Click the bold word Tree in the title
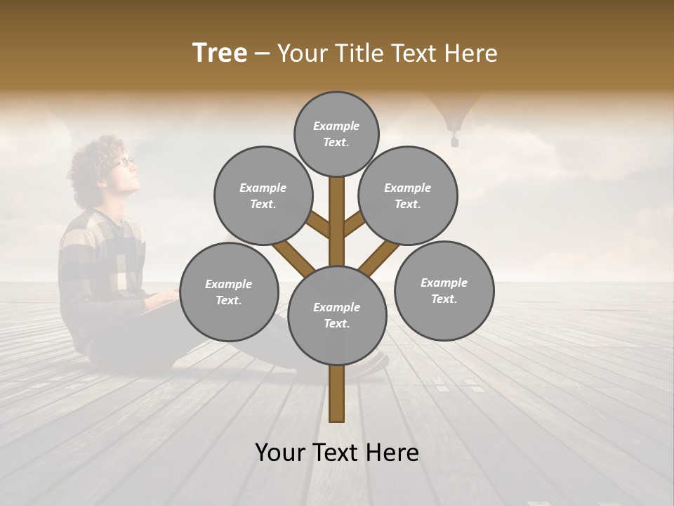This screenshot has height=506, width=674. pyautogui.click(x=220, y=53)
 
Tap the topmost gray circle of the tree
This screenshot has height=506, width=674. pyautogui.click(x=336, y=134)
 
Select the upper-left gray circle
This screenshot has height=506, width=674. pyautogui.click(x=263, y=195)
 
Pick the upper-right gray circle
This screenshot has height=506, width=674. pyautogui.click(x=408, y=195)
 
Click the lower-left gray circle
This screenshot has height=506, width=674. pyautogui.click(x=229, y=292)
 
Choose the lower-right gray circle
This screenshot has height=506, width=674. pyautogui.click(x=444, y=291)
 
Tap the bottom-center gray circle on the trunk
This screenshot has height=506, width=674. pyautogui.click(x=337, y=316)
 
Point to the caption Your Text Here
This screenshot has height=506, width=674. pyautogui.click(x=337, y=453)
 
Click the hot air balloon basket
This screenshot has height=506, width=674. pyautogui.click(x=455, y=141)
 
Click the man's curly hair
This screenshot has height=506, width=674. pyautogui.click(x=91, y=169)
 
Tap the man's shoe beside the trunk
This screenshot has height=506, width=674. pyautogui.click(x=376, y=363)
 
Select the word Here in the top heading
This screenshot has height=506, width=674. pyautogui.click(x=474, y=53)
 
